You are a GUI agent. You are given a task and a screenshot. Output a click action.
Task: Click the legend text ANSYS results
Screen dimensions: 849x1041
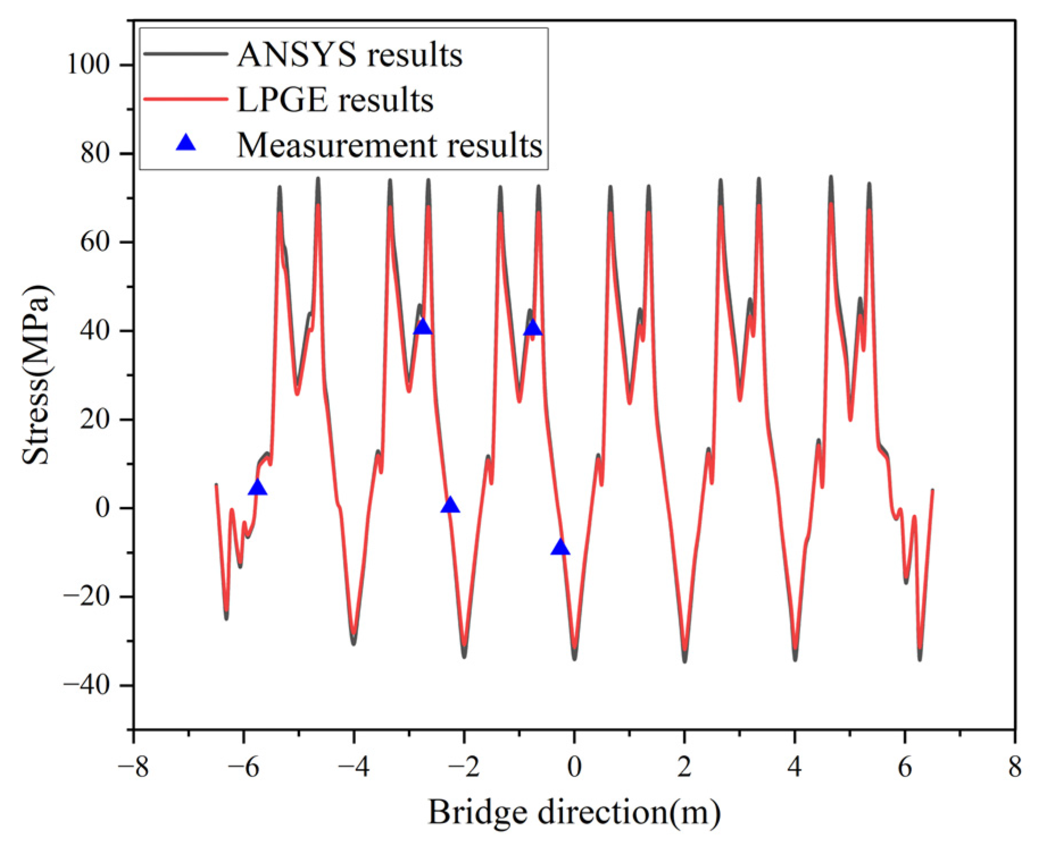349,55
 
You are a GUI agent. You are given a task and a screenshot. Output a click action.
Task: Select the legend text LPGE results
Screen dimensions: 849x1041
335,100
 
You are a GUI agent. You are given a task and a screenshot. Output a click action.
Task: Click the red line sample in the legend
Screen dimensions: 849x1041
186,99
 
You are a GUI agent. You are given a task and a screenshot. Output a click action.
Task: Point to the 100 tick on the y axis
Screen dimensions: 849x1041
88,64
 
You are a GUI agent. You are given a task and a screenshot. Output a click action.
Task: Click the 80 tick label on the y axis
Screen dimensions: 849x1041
95,153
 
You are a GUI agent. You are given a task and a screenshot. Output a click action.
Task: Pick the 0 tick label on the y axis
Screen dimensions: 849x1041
102,508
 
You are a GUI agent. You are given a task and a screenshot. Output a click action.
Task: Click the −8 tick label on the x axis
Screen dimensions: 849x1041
133,767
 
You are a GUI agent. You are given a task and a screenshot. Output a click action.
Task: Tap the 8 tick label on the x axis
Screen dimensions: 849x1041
1015,767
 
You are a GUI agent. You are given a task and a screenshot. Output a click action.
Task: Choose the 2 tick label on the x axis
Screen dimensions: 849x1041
685,767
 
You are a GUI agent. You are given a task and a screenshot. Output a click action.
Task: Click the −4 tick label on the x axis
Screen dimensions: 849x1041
353,767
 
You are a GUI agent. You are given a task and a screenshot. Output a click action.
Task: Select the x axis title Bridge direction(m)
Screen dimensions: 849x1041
574,812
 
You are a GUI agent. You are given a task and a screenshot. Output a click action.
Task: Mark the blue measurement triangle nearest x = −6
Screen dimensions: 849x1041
258,488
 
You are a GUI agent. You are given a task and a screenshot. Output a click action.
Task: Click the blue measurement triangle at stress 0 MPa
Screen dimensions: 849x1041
450,505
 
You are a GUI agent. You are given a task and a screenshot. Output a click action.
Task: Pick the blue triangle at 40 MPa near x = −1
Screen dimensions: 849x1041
533,328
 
